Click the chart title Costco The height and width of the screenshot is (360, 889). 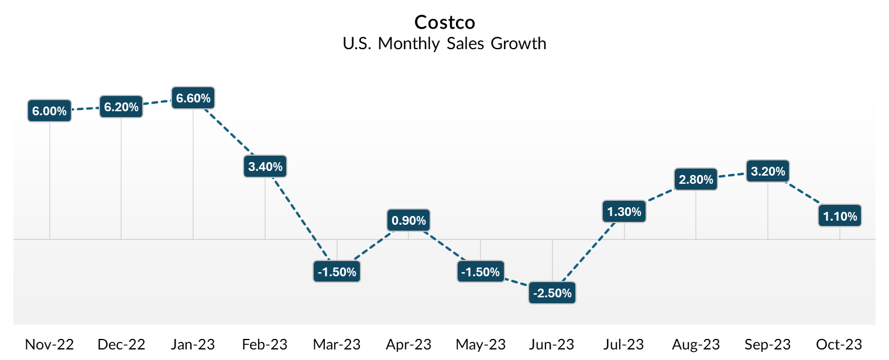click(445, 22)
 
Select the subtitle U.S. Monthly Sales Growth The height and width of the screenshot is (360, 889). click(445, 44)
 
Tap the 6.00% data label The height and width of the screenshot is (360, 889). click(50, 111)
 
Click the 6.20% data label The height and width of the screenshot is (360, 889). click(121, 107)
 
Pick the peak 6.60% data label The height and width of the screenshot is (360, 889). click(193, 98)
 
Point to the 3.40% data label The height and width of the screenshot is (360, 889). click(265, 166)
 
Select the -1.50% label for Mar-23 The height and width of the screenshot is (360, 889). click(337, 272)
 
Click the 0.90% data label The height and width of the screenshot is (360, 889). click(409, 221)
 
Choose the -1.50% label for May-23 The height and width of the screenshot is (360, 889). click(480, 272)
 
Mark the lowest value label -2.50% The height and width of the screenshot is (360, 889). click(552, 293)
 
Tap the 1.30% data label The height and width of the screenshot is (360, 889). click(624, 212)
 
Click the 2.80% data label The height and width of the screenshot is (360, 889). click(696, 179)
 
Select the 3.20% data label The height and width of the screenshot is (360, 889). click(767, 171)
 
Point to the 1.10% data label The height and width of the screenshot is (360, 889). click(840, 216)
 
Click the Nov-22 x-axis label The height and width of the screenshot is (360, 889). click(50, 344)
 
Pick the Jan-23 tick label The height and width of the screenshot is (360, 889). click(193, 344)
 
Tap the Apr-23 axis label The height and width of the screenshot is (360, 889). click(409, 344)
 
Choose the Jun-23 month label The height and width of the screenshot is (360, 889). click(552, 344)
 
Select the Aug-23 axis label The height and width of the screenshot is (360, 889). click(696, 344)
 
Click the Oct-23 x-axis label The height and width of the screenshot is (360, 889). click(840, 344)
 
